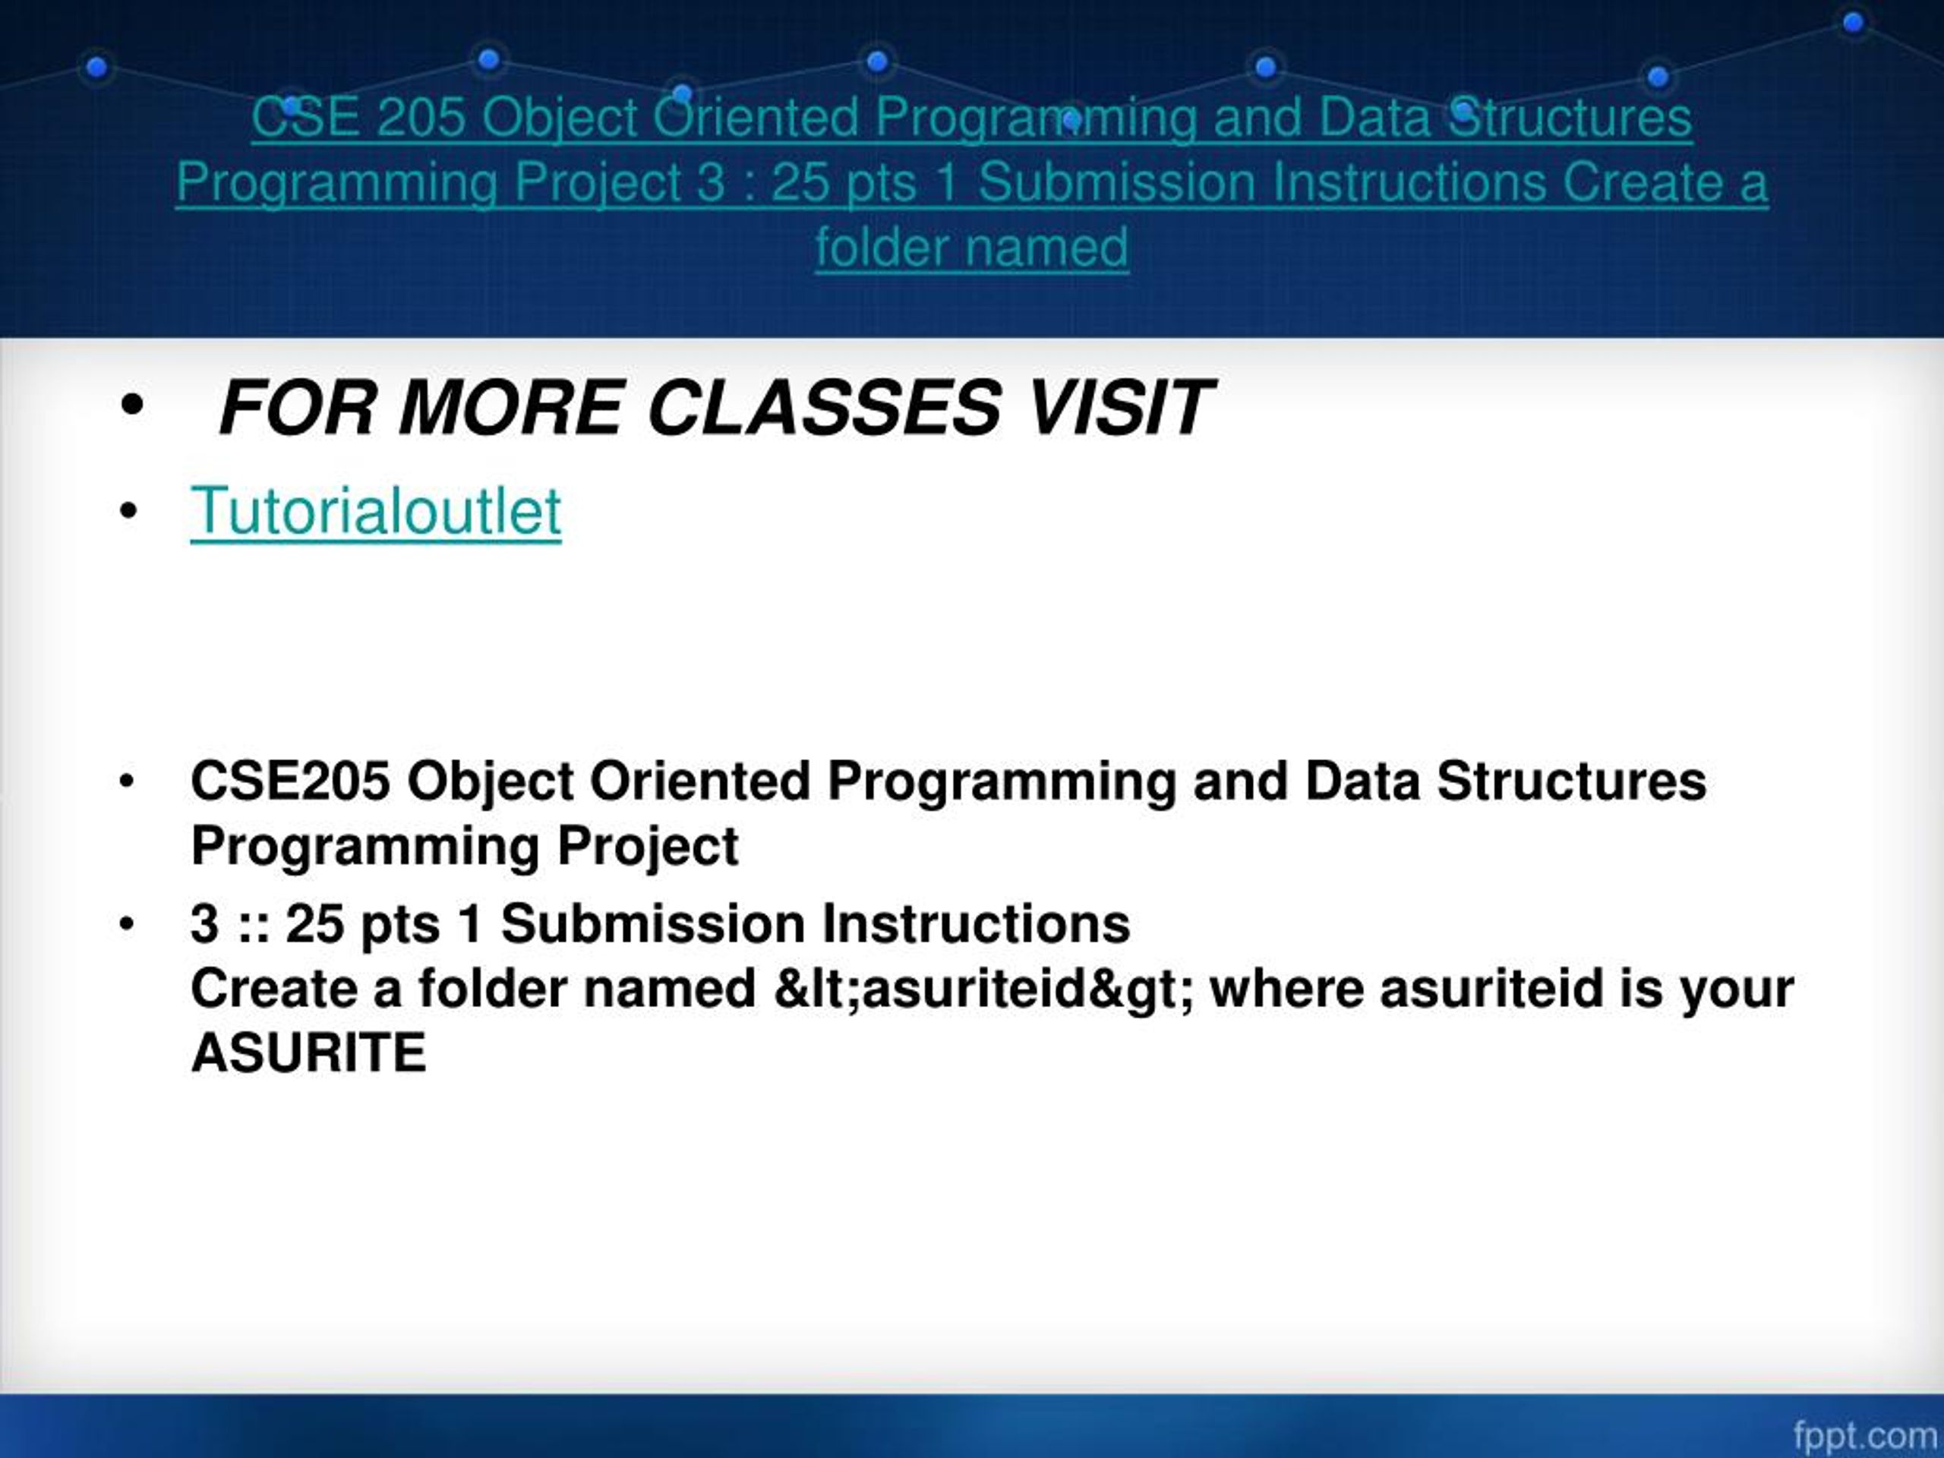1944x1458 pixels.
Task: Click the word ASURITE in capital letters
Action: tap(308, 1052)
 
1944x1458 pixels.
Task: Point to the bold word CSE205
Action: tap(290, 781)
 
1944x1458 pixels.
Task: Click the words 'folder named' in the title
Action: tap(971, 247)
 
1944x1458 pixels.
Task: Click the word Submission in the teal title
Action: tap(1116, 182)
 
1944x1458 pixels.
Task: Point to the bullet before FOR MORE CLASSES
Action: tap(132, 407)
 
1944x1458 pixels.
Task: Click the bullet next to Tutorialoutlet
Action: tap(128, 512)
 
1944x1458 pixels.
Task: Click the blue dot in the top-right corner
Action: tap(1854, 23)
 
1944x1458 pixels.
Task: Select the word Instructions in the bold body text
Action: tap(976, 925)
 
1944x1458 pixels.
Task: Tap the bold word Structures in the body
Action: tap(1570, 781)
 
